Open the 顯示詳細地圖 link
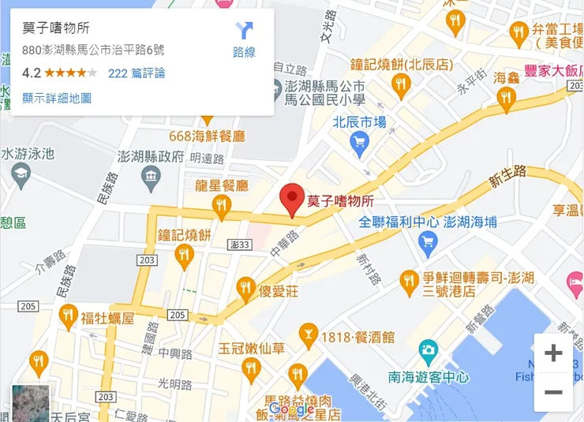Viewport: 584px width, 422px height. pyautogui.click(x=57, y=98)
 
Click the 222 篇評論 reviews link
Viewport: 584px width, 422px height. pyautogui.click(x=137, y=73)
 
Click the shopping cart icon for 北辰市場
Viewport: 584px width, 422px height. pyautogui.click(x=359, y=142)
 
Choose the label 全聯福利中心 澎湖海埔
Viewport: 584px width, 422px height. pyautogui.click(x=428, y=222)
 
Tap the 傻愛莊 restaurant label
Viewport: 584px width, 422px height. pyautogui.click(x=279, y=291)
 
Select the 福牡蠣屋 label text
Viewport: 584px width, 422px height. pyautogui.click(x=107, y=319)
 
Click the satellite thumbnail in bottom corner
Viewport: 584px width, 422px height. pyautogui.click(x=30, y=403)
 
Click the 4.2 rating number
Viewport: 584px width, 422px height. pyautogui.click(x=32, y=73)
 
